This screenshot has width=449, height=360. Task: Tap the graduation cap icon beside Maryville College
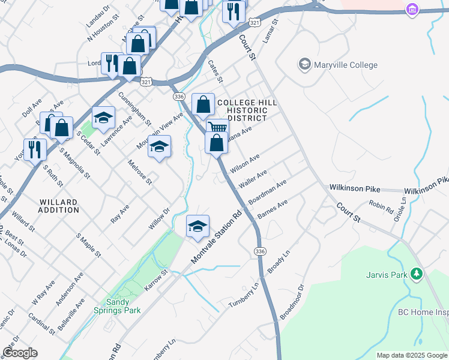304,64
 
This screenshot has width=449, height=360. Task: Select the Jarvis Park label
387,275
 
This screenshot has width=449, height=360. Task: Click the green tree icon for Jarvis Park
415,275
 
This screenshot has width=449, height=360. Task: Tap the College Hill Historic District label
247,110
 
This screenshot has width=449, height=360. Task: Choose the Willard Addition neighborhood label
58,206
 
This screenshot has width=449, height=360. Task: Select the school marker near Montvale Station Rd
197,227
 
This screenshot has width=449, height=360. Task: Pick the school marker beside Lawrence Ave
103,117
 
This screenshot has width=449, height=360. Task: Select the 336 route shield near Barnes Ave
259,250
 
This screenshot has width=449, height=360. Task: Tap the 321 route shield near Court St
255,22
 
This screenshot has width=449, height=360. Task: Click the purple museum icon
411,10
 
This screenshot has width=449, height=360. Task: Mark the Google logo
20,353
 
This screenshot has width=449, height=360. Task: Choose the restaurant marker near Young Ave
35,149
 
